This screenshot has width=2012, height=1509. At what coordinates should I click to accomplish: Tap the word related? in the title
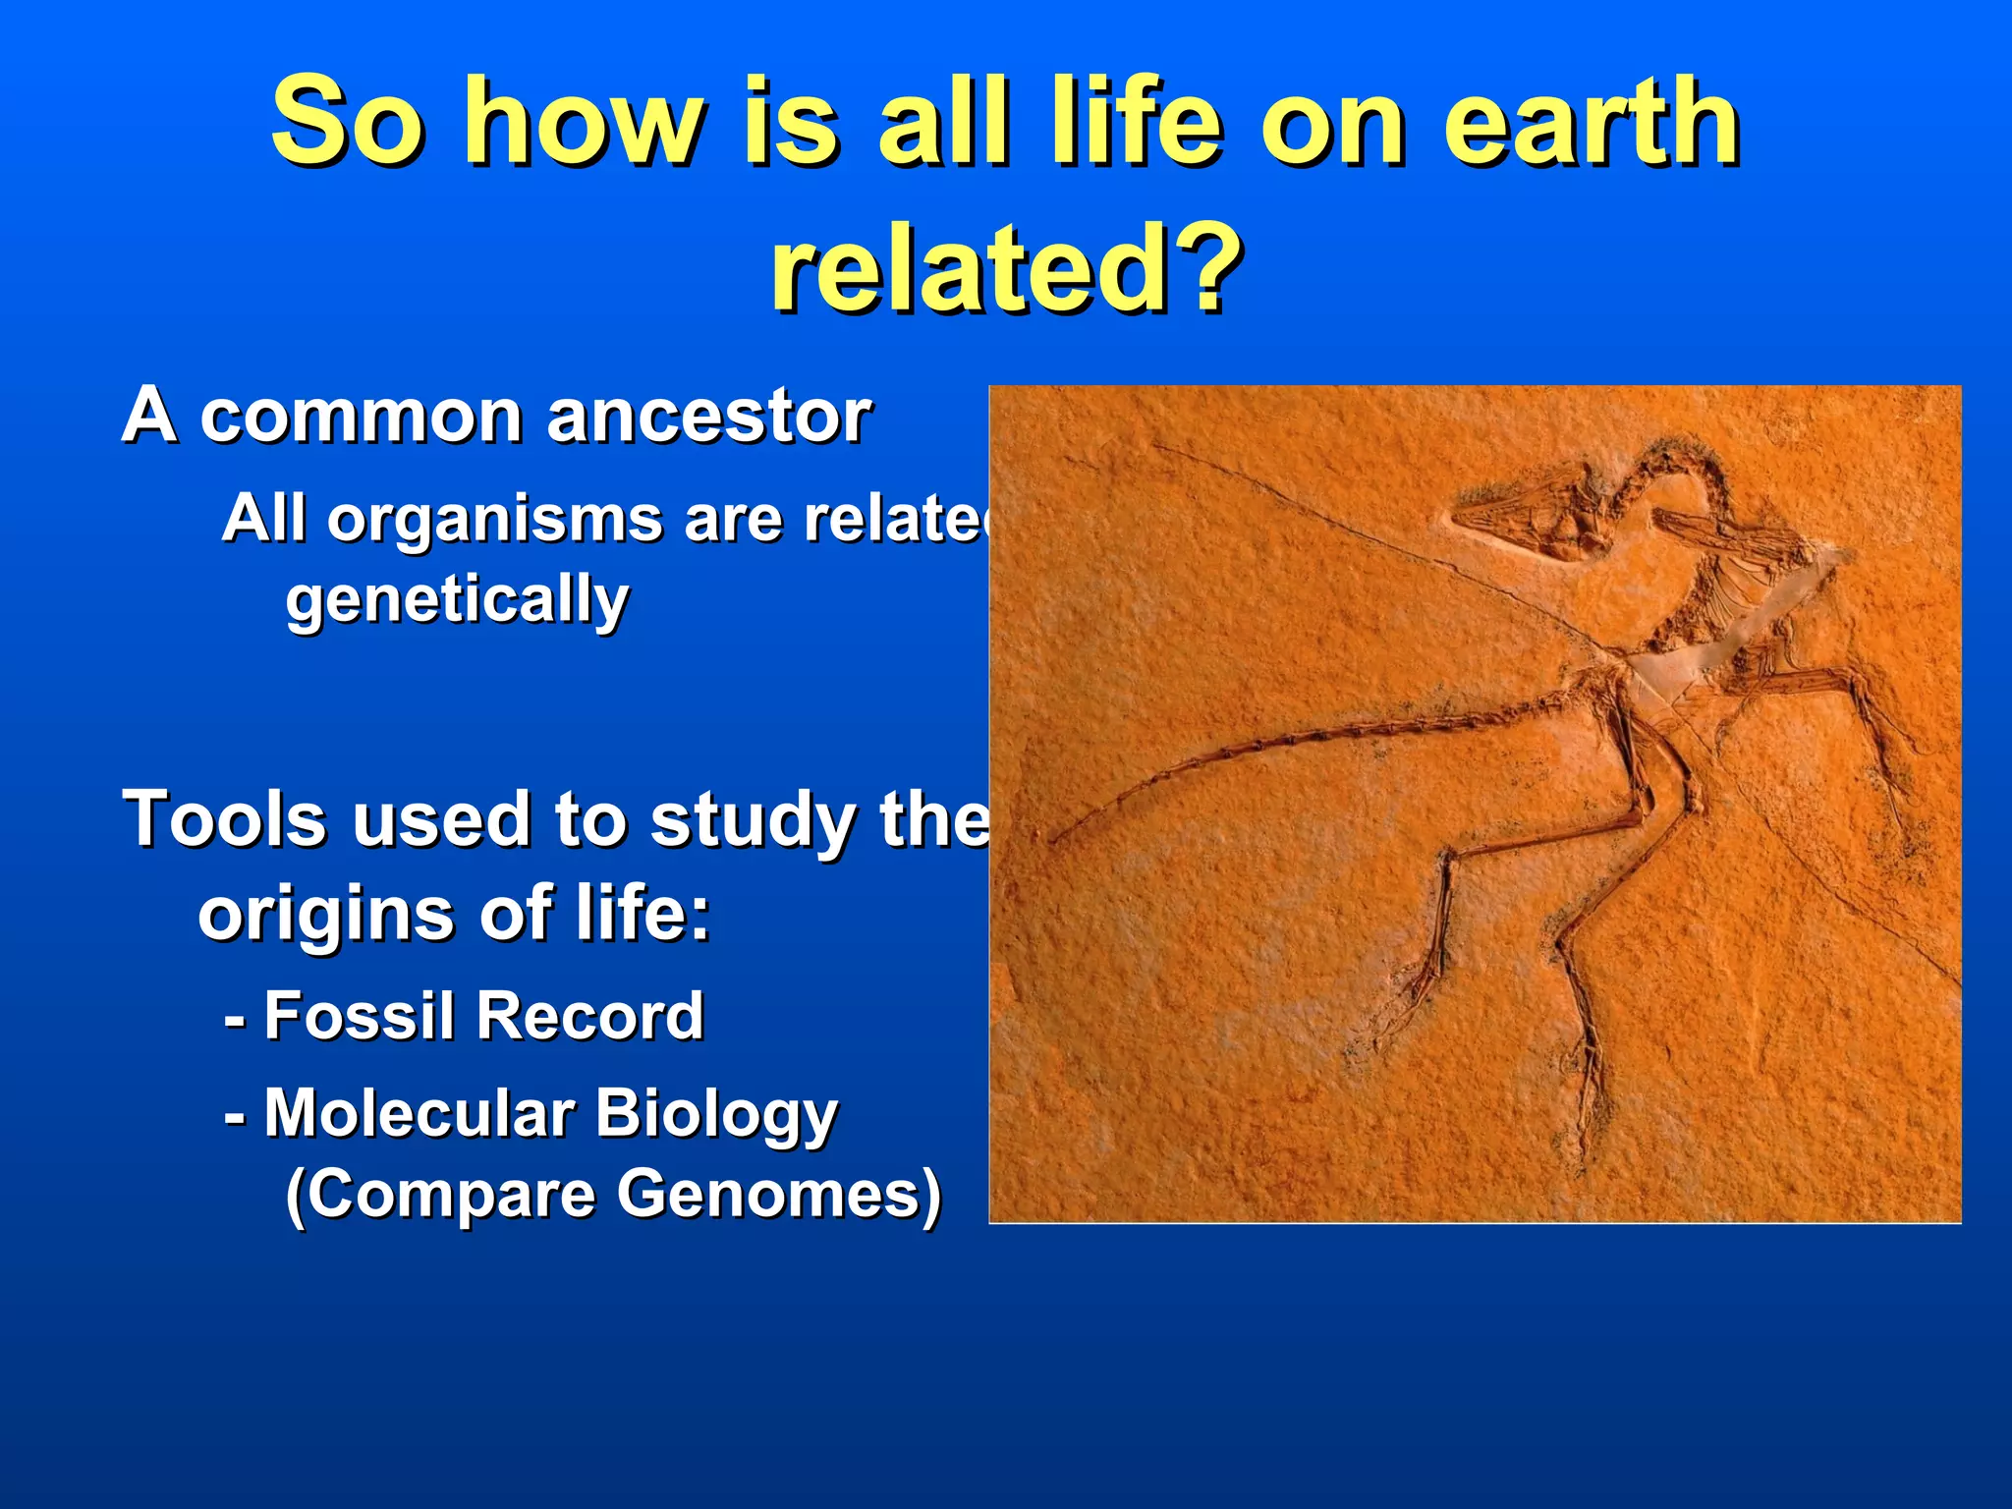click(1006, 267)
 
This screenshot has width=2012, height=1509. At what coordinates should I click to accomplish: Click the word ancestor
click(708, 417)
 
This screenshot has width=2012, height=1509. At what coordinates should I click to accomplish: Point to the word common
click(360, 417)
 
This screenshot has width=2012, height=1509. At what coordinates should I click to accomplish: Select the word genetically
click(457, 600)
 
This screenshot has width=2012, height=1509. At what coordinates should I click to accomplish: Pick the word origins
click(324, 914)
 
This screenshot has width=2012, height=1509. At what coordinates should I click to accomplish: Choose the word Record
click(589, 1016)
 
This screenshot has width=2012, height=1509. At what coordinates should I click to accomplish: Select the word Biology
click(716, 1116)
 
